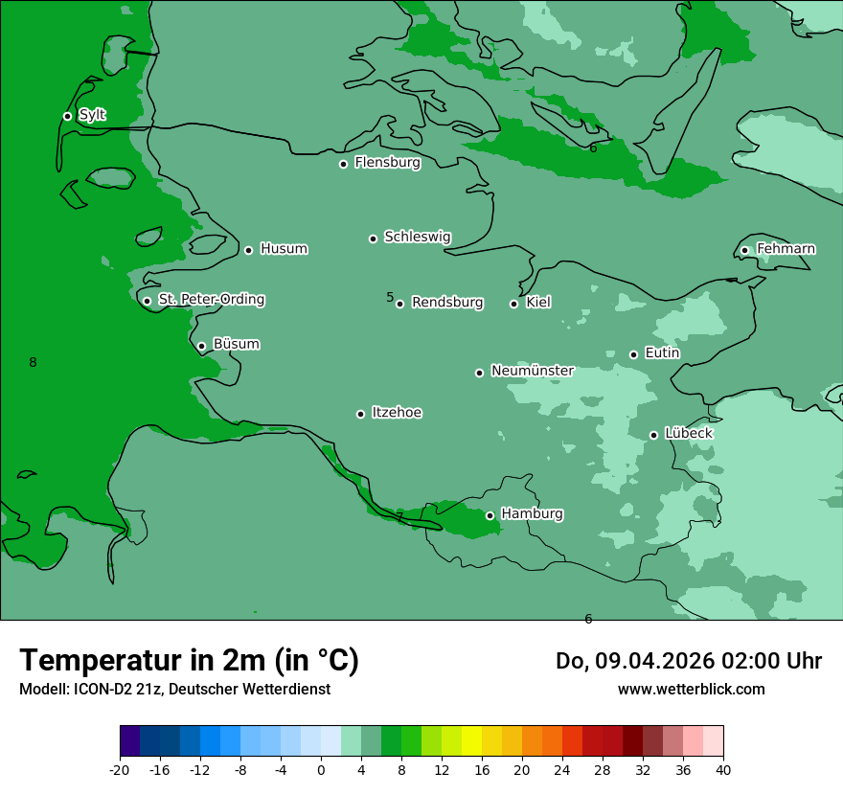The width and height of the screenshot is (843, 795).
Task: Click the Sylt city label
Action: click(x=92, y=115)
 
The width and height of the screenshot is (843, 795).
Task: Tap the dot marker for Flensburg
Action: click(x=343, y=164)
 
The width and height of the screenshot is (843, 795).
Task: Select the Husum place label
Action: click(x=284, y=249)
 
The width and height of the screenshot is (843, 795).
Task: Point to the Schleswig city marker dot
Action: click(x=373, y=238)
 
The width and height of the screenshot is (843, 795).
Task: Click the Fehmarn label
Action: click(x=786, y=249)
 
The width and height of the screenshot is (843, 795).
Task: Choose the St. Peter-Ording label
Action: click(x=211, y=300)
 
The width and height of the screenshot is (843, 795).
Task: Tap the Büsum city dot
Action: click(x=201, y=347)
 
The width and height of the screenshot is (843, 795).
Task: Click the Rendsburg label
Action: click(x=447, y=303)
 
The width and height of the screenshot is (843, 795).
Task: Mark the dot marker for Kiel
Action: click(x=513, y=304)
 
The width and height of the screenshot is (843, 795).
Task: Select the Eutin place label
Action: click(x=662, y=353)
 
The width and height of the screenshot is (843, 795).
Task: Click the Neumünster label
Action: click(x=532, y=371)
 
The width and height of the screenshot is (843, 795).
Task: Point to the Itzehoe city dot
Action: click(x=360, y=414)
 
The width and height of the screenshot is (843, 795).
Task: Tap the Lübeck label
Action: click(x=688, y=434)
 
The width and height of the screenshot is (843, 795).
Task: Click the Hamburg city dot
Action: click(x=490, y=515)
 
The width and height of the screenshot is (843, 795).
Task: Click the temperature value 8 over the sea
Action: click(x=33, y=362)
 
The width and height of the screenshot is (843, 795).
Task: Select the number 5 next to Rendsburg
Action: click(x=390, y=297)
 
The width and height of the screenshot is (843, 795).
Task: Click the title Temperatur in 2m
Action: click(x=189, y=660)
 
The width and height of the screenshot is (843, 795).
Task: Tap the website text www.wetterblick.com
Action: click(x=691, y=689)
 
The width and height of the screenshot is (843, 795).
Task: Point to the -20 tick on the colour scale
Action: click(x=120, y=769)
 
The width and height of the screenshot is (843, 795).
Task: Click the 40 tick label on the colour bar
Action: click(x=723, y=769)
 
